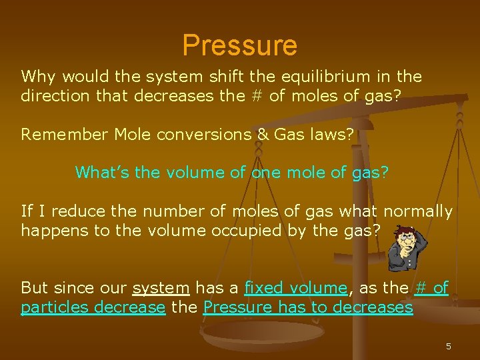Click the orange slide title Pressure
coord(239,45)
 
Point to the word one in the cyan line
coord(265,173)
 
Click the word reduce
coord(75,211)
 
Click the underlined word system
coord(161,288)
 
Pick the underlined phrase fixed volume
coord(296,288)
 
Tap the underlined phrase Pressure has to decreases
coord(308,307)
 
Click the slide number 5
coord(448,347)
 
